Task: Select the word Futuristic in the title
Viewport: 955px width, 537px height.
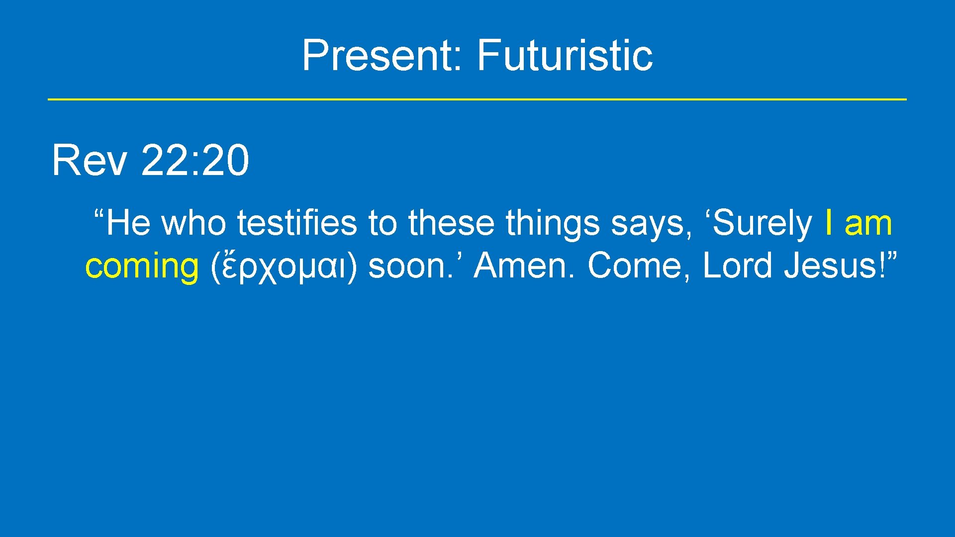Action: point(565,55)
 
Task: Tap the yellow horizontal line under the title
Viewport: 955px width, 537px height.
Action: point(477,99)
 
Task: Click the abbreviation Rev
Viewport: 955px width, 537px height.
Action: point(89,161)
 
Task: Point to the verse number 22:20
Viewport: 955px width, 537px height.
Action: point(195,161)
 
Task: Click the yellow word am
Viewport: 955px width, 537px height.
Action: point(868,224)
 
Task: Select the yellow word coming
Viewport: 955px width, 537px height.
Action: point(142,267)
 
